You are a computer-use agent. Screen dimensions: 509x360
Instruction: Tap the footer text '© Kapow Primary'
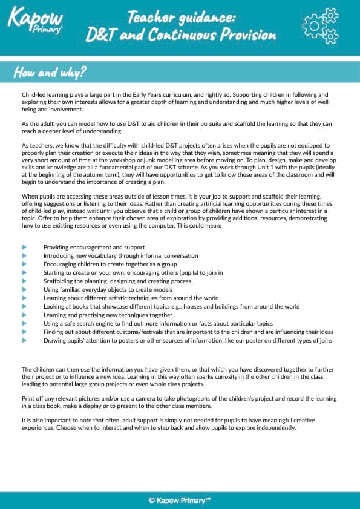click(180, 501)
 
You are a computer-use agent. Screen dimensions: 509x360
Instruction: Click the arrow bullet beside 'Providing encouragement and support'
click(24, 248)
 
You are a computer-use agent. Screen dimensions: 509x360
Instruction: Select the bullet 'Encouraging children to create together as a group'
click(110, 264)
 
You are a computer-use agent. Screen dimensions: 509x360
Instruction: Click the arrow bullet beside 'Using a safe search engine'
click(24, 324)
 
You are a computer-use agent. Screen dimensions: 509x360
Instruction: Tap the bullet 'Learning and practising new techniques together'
click(108, 315)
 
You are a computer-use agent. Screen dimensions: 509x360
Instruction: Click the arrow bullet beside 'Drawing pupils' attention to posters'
click(24, 341)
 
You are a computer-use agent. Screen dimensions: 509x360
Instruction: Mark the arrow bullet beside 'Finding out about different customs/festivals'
click(24, 332)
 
